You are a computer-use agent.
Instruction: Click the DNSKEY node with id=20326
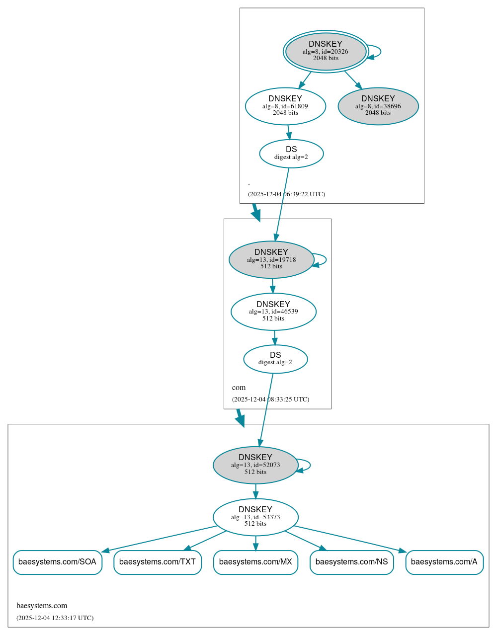click(x=326, y=51)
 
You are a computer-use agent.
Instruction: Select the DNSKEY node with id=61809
click(x=285, y=106)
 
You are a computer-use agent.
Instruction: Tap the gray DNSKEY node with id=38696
click(x=378, y=106)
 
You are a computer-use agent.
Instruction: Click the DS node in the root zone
click(x=291, y=154)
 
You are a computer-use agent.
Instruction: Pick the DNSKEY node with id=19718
click(x=271, y=259)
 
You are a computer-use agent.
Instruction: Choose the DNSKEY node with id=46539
click(x=273, y=312)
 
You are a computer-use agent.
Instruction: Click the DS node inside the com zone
click(x=275, y=359)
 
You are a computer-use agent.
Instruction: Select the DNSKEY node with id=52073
click(x=255, y=465)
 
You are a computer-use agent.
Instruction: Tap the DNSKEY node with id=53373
click(x=255, y=517)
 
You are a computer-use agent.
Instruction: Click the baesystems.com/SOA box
click(x=58, y=562)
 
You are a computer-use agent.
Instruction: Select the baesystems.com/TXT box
click(x=158, y=562)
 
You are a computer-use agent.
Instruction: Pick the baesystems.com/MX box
click(x=255, y=562)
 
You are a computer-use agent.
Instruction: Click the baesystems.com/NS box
click(x=352, y=562)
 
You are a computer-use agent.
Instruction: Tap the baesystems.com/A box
click(x=444, y=562)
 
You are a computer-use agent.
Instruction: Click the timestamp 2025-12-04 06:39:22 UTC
click(x=286, y=194)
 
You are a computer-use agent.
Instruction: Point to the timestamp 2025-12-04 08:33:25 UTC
click(x=270, y=399)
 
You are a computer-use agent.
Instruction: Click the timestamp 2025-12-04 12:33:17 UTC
click(x=55, y=618)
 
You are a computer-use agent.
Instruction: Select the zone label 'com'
click(x=239, y=387)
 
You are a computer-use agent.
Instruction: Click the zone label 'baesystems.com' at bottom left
click(x=42, y=605)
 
